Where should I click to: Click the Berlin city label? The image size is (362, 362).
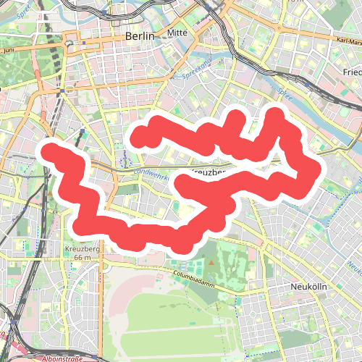tap(140, 36)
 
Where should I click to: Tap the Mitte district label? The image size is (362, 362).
tap(177, 33)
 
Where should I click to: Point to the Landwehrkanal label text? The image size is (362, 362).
tap(151, 174)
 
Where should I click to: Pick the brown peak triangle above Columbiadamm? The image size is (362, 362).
tap(211, 263)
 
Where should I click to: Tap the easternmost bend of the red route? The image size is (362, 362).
tap(315, 171)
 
